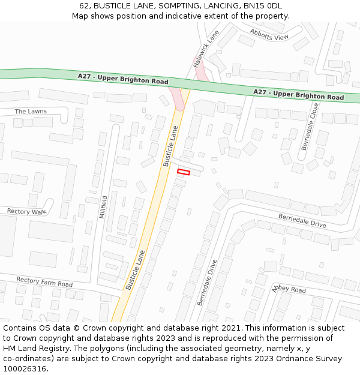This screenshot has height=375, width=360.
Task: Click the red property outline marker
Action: pos(184,172)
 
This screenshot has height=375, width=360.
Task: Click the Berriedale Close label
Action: pos(310,126)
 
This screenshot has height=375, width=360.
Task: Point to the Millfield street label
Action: pos(104,206)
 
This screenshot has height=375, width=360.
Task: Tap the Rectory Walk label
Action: pos(26,212)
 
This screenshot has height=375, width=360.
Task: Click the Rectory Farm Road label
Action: pos(44,281)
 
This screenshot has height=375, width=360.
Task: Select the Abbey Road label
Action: pos(289,289)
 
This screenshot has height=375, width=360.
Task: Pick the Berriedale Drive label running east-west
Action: pos(302,220)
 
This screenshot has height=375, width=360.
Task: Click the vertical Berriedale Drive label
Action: pos(207,282)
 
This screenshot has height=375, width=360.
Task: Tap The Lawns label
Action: pos(30,112)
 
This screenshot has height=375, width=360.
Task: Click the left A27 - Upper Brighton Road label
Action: pos(123,79)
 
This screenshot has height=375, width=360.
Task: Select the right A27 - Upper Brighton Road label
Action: pos(298,94)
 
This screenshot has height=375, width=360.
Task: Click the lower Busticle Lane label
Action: pos(135,269)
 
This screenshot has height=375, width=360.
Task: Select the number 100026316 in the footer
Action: pos(25,368)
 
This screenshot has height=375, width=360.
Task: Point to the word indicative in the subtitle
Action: pos(175,16)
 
